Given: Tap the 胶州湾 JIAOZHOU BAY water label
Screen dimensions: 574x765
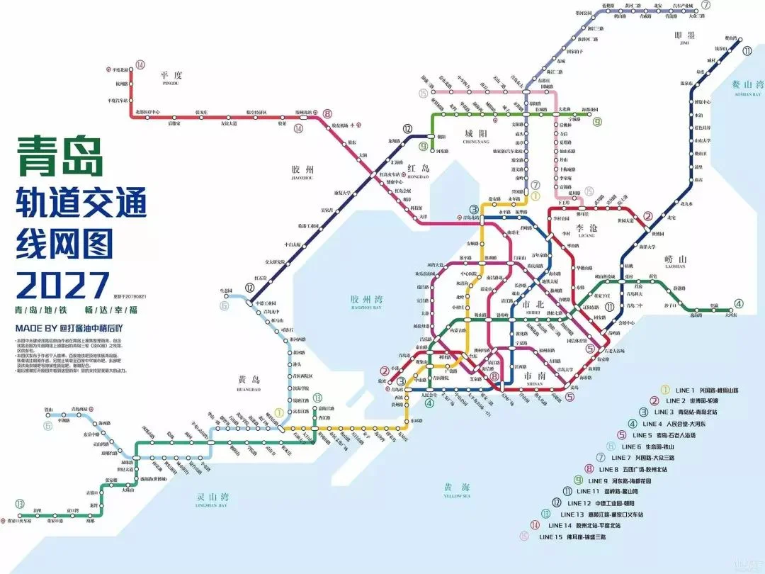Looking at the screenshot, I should pyautogui.click(x=366, y=302).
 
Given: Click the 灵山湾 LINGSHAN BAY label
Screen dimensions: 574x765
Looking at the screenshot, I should pyautogui.click(x=213, y=497).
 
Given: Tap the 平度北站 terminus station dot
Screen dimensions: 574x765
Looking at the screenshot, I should pyautogui.click(x=109, y=69).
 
